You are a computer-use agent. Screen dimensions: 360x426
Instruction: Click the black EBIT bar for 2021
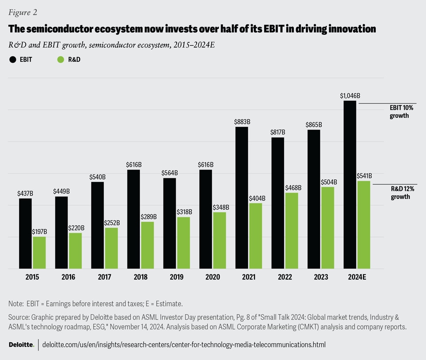242,198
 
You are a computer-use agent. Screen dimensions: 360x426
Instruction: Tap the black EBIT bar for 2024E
350,184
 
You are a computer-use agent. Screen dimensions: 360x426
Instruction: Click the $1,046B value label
350,95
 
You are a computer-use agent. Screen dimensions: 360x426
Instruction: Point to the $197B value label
39,232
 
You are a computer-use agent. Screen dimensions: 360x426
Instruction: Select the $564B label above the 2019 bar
170,173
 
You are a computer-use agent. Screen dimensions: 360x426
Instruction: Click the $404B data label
256,198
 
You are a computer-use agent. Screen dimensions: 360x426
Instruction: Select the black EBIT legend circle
13,59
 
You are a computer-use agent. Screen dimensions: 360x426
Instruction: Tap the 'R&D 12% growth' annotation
400,193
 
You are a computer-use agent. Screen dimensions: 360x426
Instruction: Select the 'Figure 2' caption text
23,12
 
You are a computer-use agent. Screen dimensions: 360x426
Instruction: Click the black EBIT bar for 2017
98,225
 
